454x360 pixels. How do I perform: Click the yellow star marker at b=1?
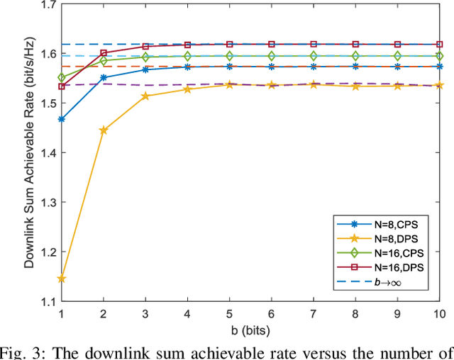click(62, 279)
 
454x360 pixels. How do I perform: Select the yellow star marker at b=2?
click(104, 130)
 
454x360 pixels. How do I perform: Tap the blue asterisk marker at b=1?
click(62, 119)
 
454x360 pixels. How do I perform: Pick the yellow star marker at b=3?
click(145, 96)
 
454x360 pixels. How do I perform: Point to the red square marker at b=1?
click(62, 86)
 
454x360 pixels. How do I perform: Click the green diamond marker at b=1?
click(62, 77)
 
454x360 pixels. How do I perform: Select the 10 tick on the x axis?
click(439, 313)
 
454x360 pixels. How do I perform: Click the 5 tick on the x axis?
click(229, 313)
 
